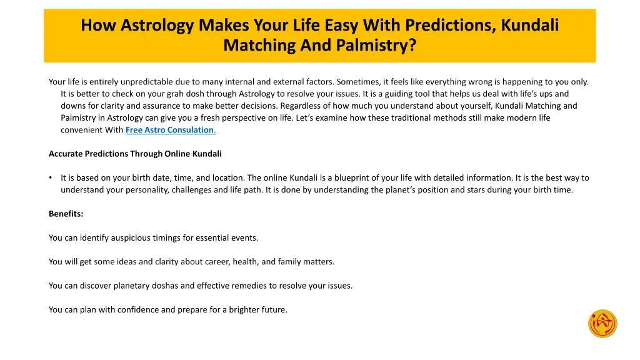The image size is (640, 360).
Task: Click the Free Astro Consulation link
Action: [x=170, y=130]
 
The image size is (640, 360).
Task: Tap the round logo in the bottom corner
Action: [x=602, y=324]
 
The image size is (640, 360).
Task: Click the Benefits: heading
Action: [x=66, y=214]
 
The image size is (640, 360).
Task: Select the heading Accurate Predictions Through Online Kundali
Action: [x=135, y=154]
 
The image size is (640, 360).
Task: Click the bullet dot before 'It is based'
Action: [x=51, y=178]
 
